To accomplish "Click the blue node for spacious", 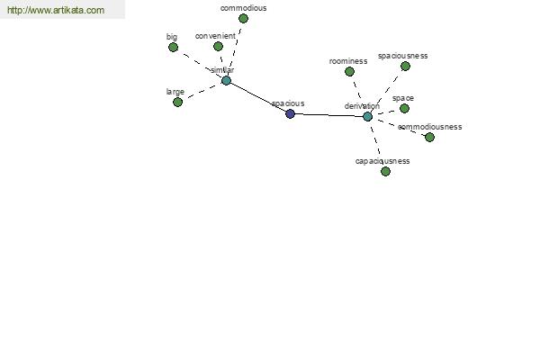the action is click(x=291, y=113).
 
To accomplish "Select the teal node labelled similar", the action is click(x=226, y=81).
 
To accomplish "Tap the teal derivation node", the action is click(x=367, y=117).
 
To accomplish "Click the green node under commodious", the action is click(x=243, y=18).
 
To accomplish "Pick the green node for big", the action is click(x=173, y=47).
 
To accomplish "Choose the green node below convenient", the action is click(x=218, y=46).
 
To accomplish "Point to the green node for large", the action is click(x=177, y=102).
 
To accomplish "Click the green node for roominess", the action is click(x=349, y=72).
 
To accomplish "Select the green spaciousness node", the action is click(x=405, y=66).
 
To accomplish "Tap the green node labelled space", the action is click(x=404, y=109).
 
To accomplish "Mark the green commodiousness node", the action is click(x=429, y=138).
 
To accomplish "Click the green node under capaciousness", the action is click(x=385, y=171).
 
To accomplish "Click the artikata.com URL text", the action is click(x=56, y=10).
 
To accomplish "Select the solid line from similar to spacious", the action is click(x=258, y=97).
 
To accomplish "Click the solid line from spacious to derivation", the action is click(x=328, y=115).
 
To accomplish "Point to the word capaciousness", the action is click(x=382, y=161).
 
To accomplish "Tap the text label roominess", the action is click(x=348, y=61).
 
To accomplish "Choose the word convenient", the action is click(x=215, y=36).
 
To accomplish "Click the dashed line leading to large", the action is click(x=202, y=91).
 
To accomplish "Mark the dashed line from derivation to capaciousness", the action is click(x=375, y=141).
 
